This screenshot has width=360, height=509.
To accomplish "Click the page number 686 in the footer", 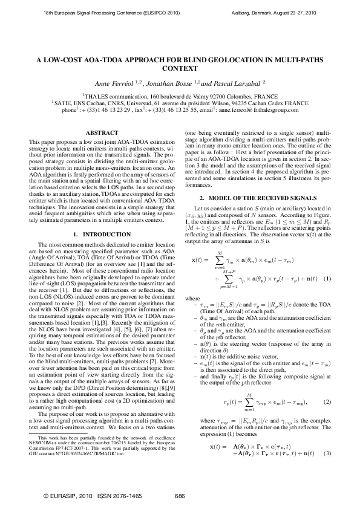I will point(180,496).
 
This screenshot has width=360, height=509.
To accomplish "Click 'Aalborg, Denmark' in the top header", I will point(256,12).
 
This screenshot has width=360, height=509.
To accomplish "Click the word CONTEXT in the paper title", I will point(180,69).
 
